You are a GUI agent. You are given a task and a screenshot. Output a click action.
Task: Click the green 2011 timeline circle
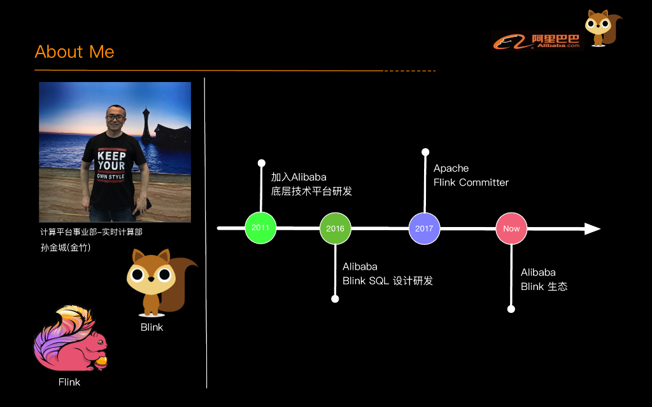coord(260,227)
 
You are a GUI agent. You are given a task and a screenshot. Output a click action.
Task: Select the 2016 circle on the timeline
coord(335,228)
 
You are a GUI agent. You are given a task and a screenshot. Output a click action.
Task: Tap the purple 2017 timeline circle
coord(424,228)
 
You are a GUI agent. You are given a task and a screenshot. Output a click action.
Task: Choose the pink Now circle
coord(511,228)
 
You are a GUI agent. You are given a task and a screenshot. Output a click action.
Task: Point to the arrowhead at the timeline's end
coord(593,228)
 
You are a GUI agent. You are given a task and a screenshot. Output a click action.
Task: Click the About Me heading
coord(74,52)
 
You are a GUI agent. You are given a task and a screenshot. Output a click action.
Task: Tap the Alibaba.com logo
coord(537,41)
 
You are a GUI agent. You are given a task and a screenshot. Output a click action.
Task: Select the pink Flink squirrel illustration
coord(70,341)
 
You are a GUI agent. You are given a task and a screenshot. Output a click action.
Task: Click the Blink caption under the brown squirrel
coord(152,328)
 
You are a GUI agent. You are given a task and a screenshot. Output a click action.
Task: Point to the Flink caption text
coord(69,382)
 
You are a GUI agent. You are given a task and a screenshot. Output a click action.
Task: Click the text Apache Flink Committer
coord(471,176)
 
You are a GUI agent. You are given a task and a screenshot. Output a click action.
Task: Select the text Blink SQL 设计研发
coord(387,280)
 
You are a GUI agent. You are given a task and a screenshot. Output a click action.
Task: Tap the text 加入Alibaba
coord(298,177)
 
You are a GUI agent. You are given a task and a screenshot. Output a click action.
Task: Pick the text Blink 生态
coord(544,286)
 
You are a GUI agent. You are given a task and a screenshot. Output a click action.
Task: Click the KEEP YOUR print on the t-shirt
coord(111,161)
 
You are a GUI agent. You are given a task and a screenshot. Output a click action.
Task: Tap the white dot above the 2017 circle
coord(425,152)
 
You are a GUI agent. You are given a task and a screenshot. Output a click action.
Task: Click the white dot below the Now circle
coord(511,309)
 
